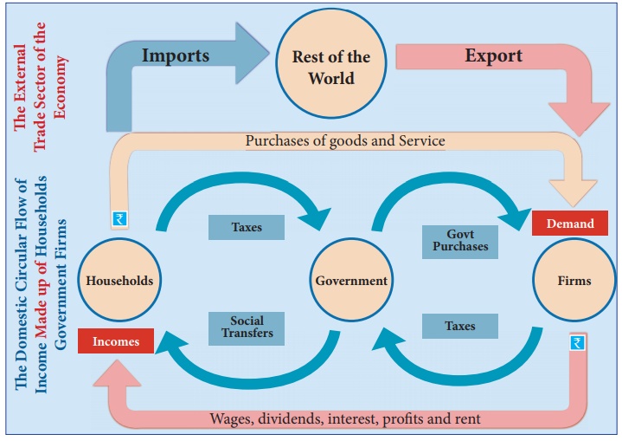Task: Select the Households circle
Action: point(119,280)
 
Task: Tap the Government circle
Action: point(350,280)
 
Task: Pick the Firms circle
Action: point(574,280)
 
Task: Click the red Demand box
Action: point(569,223)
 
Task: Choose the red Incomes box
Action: point(115,341)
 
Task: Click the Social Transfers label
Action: point(246,327)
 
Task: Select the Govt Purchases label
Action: point(460,239)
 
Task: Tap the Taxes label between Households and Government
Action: point(246,227)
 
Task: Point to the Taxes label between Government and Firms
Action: point(460,326)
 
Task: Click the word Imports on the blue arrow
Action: point(176,55)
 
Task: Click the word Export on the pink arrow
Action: point(493,55)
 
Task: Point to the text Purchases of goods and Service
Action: point(345,140)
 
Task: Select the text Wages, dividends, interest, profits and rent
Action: point(345,418)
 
